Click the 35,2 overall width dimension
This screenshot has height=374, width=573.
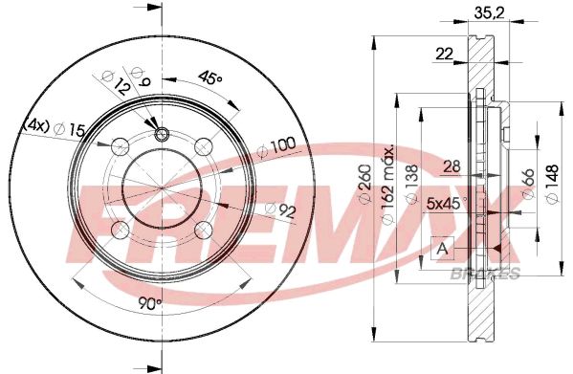point(487,14)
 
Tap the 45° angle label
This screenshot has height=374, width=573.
point(210,77)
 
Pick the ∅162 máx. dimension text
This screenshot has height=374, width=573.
point(388,185)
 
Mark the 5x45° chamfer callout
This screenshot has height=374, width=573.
point(446,203)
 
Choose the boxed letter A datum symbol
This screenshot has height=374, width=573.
point(441,249)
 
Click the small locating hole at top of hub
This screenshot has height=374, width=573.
point(161,133)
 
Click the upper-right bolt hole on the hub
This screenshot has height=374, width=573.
point(203,145)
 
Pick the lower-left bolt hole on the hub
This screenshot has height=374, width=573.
point(119,231)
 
